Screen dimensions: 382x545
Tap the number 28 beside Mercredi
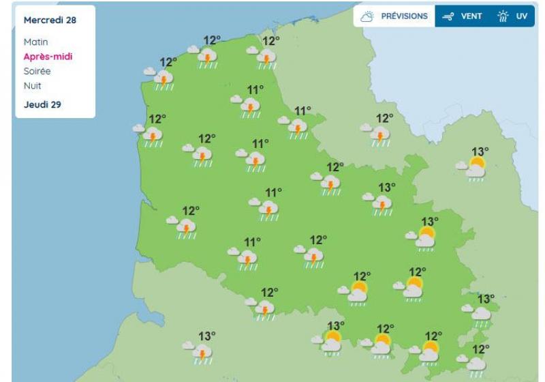click(x=70, y=20)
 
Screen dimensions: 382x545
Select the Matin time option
click(x=35, y=42)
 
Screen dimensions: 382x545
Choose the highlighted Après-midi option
click(x=48, y=56)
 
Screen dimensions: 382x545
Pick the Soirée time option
click(x=37, y=71)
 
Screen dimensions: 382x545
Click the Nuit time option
click(x=32, y=85)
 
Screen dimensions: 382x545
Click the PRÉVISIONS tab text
click(x=404, y=16)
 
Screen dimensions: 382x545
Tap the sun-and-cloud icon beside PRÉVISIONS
click(x=367, y=16)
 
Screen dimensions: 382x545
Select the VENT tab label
click(x=471, y=16)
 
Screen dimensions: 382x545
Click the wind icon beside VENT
click(x=448, y=16)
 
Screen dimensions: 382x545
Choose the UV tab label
click(x=521, y=16)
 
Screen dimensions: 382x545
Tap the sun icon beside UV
click(x=504, y=16)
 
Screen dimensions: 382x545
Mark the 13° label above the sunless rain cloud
click(x=485, y=298)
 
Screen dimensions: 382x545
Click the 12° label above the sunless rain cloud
click(x=481, y=349)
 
